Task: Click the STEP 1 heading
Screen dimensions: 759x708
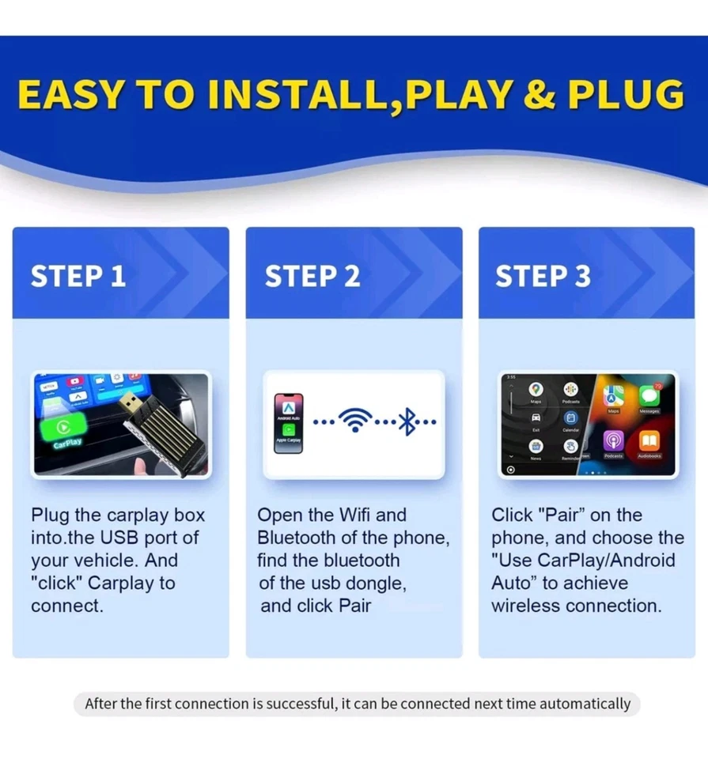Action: coord(78,276)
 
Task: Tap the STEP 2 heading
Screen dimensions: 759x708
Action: coord(312,276)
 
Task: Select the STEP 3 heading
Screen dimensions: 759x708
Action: coord(543,276)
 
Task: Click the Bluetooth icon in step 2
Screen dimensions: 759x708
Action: coord(407,422)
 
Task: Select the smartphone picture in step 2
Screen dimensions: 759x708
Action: coord(288,423)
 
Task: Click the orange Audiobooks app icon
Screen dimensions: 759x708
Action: coord(649,441)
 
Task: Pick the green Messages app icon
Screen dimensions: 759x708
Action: coord(649,396)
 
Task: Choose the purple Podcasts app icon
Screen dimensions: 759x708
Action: coord(613,440)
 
